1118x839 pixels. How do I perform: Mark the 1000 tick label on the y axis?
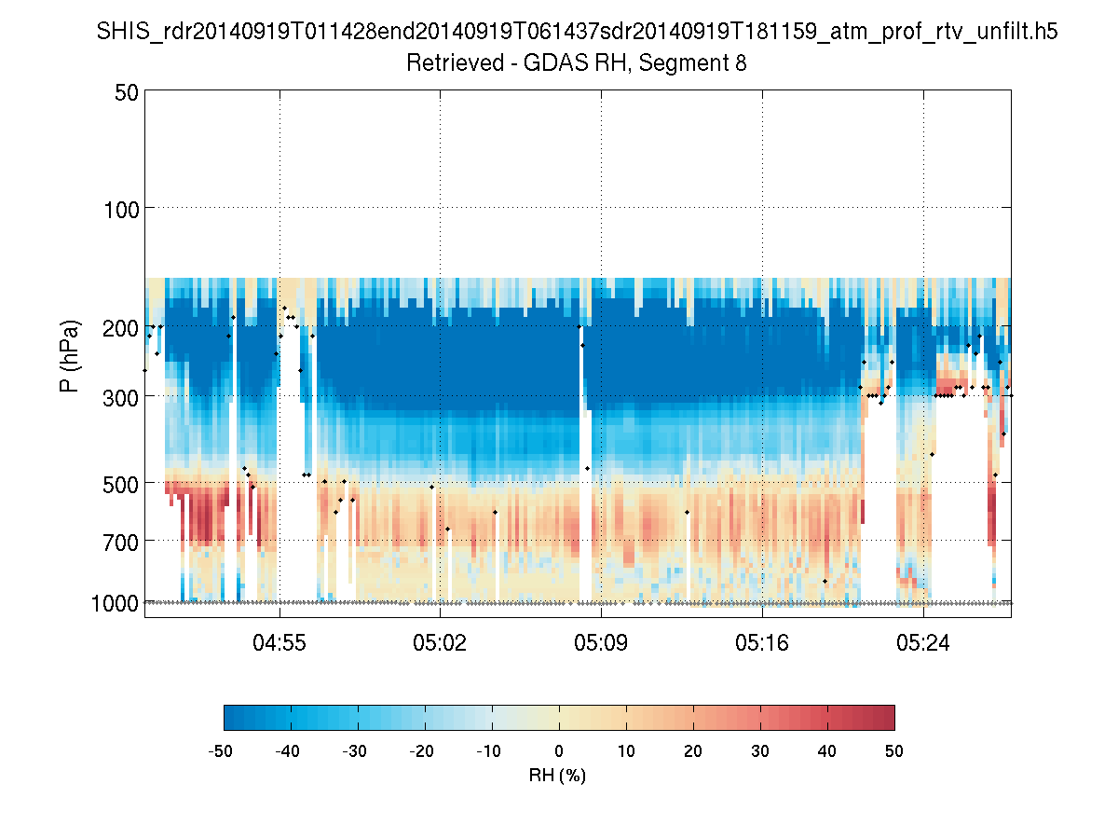click(115, 604)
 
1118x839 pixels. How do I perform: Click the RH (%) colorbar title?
click(557, 775)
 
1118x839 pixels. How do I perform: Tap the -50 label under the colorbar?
click(222, 750)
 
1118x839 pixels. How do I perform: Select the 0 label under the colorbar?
click(559, 750)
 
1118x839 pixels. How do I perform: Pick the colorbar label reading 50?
click(894, 750)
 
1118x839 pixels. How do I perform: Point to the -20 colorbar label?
click(423, 750)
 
